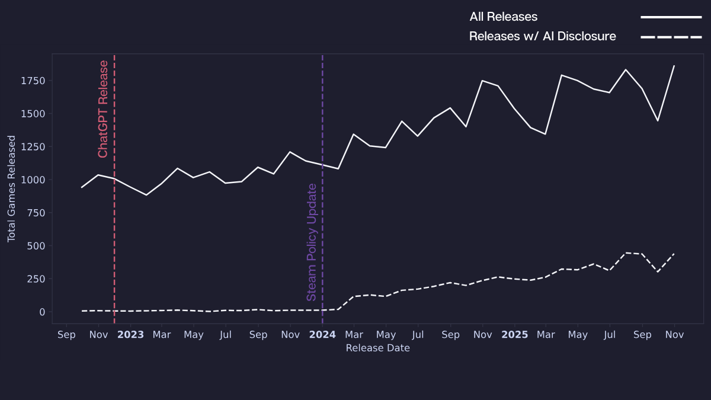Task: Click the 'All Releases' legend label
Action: click(503, 17)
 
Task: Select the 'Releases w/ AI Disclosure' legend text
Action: click(542, 37)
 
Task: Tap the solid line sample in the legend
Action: click(671, 17)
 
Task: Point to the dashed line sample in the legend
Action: click(671, 37)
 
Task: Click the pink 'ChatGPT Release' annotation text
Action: click(103, 109)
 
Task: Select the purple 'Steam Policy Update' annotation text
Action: click(312, 242)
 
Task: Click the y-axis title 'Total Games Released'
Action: click(12, 188)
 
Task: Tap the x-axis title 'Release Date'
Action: click(377, 348)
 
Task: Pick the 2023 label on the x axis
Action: click(130, 335)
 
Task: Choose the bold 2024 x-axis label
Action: click(322, 335)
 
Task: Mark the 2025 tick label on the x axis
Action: click(514, 335)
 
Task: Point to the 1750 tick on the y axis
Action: click(33, 81)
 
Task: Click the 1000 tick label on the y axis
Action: click(33, 180)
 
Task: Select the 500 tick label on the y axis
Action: click(36, 246)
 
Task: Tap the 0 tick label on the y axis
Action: click(42, 312)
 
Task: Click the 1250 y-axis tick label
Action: click(33, 147)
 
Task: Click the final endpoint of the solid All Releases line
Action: click(674, 66)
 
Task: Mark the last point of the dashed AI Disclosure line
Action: click(674, 254)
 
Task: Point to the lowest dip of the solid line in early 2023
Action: click(146, 195)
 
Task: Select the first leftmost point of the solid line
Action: click(82, 187)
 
